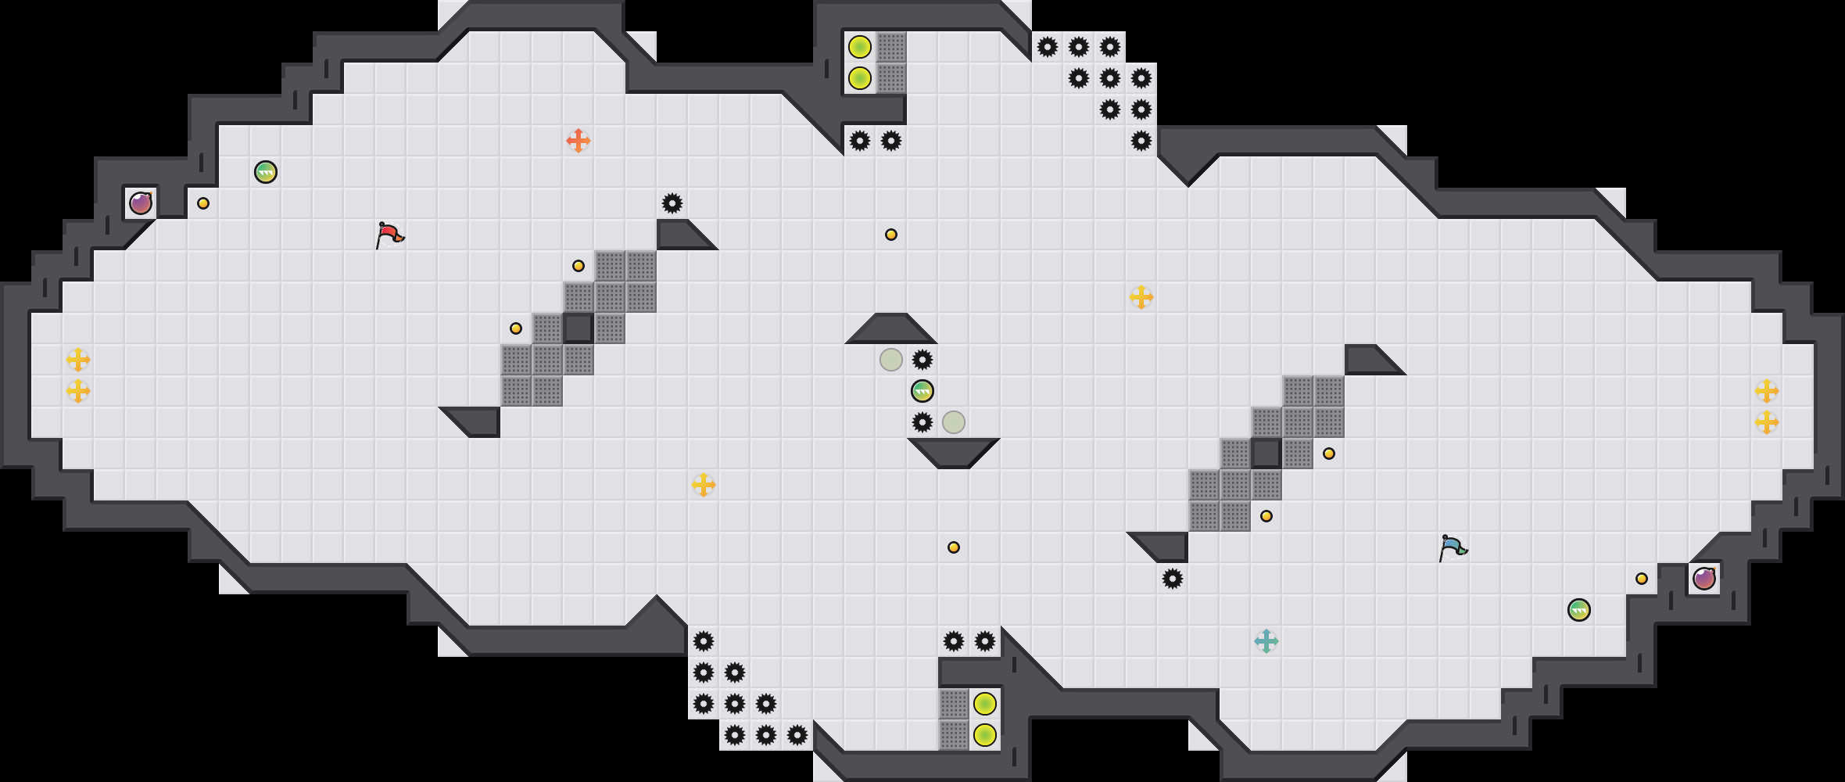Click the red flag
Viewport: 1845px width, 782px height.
(x=389, y=234)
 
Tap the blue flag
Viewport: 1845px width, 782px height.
(x=1452, y=547)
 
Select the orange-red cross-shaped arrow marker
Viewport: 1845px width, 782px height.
(x=579, y=141)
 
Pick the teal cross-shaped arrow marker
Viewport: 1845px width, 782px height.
(x=1266, y=641)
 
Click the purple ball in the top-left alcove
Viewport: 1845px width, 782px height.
(x=141, y=203)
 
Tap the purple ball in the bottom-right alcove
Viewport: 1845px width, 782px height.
(x=1704, y=579)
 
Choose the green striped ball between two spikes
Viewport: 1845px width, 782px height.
(x=922, y=391)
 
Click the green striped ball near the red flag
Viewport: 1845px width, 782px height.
(x=266, y=172)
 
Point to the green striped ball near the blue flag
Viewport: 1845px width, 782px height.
(x=1579, y=610)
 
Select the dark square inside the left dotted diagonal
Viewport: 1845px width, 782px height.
(x=579, y=328)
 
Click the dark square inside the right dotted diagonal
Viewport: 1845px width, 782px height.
(x=1266, y=454)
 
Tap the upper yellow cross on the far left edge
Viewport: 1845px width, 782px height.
(x=78, y=360)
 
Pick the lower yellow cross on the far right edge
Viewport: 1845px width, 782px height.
(x=1767, y=422)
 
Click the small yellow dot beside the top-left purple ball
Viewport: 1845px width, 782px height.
(x=203, y=203)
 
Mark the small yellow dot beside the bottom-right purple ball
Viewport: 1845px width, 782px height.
(x=1642, y=579)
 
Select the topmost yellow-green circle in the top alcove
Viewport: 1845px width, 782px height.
(x=860, y=47)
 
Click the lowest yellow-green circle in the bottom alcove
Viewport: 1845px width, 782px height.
(x=985, y=735)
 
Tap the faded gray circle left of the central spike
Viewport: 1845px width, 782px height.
(x=891, y=360)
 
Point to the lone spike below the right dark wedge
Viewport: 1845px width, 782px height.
(x=1173, y=579)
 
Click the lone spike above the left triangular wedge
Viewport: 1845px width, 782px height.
(x=672, y=203)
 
